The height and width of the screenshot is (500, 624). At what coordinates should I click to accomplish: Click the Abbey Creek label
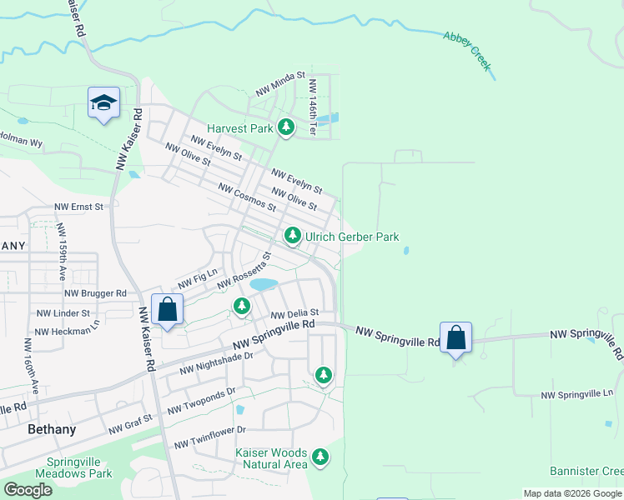(x=468, y=49)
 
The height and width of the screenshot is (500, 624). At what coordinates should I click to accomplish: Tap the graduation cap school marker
(x=103, y=102)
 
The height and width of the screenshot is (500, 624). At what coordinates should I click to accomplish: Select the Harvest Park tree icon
(x=287, y=127)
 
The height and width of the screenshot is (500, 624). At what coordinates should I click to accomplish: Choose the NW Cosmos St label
(x=246, y=197)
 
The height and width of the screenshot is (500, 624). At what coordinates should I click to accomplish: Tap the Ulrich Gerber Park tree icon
(x=293, y=237)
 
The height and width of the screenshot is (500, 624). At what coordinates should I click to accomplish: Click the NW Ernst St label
(x=78, y=207)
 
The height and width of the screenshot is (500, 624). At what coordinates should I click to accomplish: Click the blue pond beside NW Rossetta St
(x=264, y=284)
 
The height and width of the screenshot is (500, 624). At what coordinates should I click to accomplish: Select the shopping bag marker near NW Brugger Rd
(x=168, y=309)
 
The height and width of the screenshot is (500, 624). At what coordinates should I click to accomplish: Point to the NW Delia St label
(x=295, y=313)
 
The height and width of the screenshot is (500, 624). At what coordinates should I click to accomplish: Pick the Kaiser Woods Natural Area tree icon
(x=320, y=456)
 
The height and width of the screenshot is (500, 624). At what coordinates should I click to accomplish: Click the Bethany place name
(x=52, y=430)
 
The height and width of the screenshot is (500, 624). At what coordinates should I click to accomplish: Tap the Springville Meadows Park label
(x=79, y=467)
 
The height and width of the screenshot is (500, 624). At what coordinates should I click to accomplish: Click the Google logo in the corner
(x=28, y=490)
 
